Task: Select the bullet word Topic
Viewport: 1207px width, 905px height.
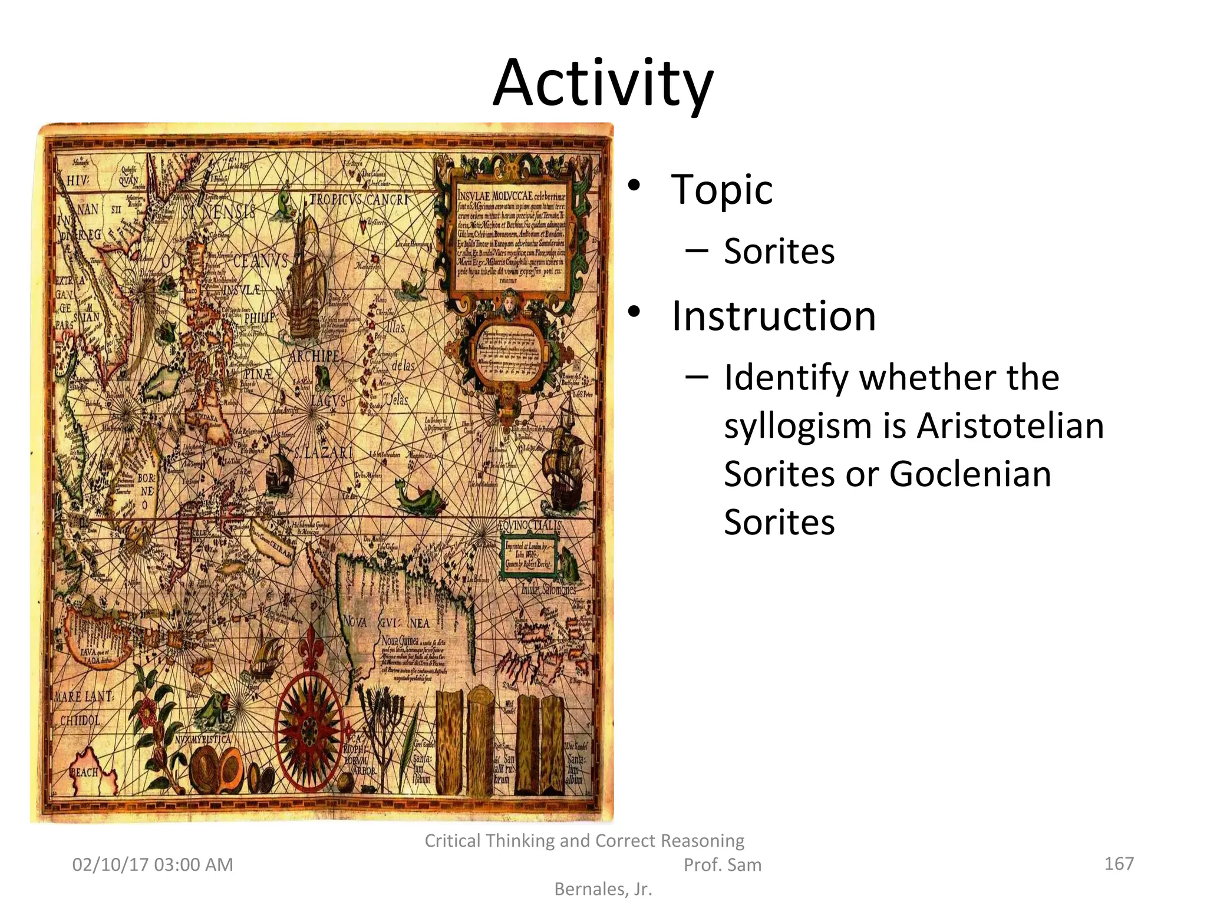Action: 721,190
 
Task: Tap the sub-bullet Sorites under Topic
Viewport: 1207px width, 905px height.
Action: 779,252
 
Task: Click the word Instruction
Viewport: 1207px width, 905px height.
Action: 773,316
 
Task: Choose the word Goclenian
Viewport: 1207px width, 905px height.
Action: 969,474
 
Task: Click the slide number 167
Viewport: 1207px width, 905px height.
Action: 1119,864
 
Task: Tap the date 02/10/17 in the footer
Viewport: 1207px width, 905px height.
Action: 110,865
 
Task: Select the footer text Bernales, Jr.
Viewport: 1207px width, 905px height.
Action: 603,889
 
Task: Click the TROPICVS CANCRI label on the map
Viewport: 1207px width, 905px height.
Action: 360,200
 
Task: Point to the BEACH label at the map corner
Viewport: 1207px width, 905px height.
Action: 84,772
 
